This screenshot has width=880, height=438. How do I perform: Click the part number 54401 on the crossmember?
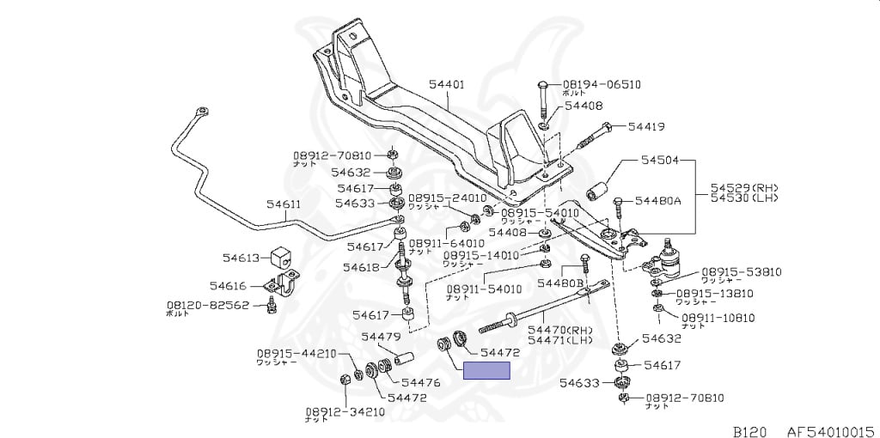click(446, 84)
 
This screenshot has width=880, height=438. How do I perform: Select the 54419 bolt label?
click(645, 126)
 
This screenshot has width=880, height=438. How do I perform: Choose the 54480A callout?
click(657, 200)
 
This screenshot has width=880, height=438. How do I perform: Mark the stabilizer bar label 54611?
click(283, 204)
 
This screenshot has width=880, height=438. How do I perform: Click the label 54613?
click(241, 258)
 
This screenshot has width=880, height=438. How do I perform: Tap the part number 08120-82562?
click(208, 305)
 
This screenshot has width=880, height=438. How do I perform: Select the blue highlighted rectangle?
click(487, 371)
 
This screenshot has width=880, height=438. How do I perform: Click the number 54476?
click(420, 382)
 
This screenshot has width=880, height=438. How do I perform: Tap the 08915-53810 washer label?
click(741, 271)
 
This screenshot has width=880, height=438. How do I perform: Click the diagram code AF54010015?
click(829, 430)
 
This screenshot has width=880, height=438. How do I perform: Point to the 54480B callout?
click(559, 283)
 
